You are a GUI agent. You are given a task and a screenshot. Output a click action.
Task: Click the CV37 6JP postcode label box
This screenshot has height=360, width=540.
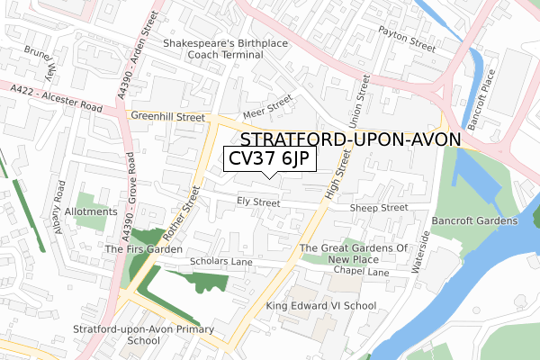(269, 159)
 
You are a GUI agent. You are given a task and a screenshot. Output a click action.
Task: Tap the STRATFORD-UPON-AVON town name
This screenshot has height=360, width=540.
(351, 139)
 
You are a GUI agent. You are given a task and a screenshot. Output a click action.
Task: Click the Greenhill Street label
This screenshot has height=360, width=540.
(166, 116)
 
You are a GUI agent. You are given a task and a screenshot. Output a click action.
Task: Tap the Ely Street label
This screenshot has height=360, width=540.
(258, 202)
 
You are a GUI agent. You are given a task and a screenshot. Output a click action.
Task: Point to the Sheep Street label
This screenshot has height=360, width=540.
(379, 207)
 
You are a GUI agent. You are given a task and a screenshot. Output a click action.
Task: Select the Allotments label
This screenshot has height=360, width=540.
(91, 211)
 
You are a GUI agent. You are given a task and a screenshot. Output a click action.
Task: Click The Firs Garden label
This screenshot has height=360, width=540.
(144, 248)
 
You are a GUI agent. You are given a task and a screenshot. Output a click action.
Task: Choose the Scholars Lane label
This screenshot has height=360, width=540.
(221, 262)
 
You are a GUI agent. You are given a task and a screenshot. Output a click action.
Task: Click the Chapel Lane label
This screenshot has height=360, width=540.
(360, 271)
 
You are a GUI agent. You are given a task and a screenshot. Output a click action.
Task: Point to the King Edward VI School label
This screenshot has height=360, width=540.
(321, 306)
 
